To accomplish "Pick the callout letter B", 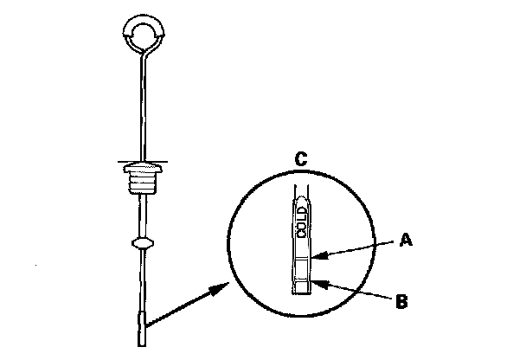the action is point(400,302).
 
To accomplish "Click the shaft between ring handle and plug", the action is point(139,104).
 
